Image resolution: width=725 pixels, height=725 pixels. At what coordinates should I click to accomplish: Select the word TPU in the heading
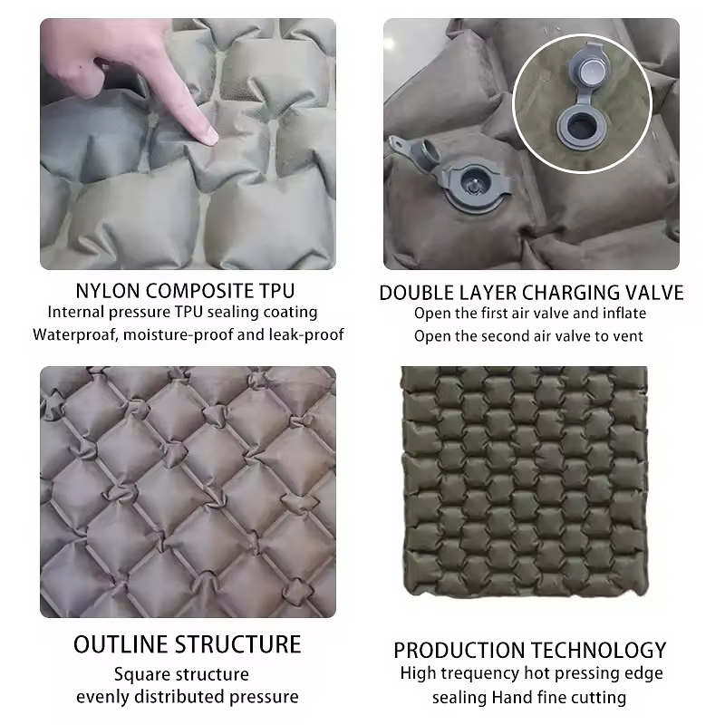(277, 291)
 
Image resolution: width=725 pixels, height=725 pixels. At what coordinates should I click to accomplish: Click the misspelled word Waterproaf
(72, 334)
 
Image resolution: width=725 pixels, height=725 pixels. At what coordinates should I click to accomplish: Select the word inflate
(624, 314)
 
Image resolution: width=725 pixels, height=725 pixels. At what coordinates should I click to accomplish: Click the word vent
(629, 336)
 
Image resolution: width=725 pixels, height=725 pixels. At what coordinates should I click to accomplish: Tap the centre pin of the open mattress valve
(472, 185)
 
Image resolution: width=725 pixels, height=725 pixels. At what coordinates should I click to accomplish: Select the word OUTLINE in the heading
(121, 644)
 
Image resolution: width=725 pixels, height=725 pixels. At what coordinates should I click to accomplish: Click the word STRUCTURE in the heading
(238, 644)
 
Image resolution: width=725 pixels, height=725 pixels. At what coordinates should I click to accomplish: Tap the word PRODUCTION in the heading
(459, 651)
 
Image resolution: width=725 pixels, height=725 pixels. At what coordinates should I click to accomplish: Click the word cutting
(601, 698)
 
